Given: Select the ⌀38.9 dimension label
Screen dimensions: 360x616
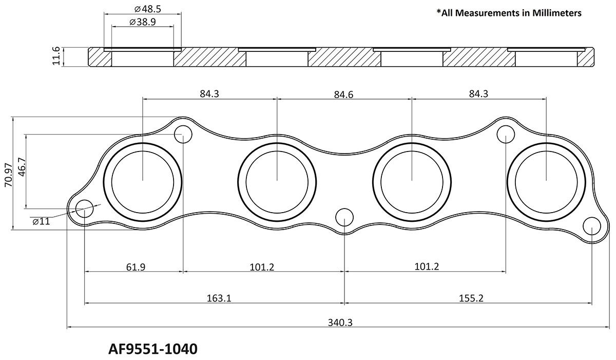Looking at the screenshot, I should [x=143, y=23].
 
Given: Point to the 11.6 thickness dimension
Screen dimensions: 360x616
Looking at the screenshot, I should [x=57, y=56].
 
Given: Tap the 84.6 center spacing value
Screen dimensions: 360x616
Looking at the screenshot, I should [x=343, y=94].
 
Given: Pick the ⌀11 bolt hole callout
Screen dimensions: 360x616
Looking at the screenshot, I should [x=41, y=221].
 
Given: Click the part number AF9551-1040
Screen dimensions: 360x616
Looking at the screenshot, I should [x=152, y=349].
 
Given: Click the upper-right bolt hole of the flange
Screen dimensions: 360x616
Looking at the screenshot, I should [x=506, y=135].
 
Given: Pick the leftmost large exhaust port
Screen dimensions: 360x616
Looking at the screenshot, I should [x=142, y=180].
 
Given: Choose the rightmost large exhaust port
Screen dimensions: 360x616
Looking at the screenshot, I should [x=546, y=180].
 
